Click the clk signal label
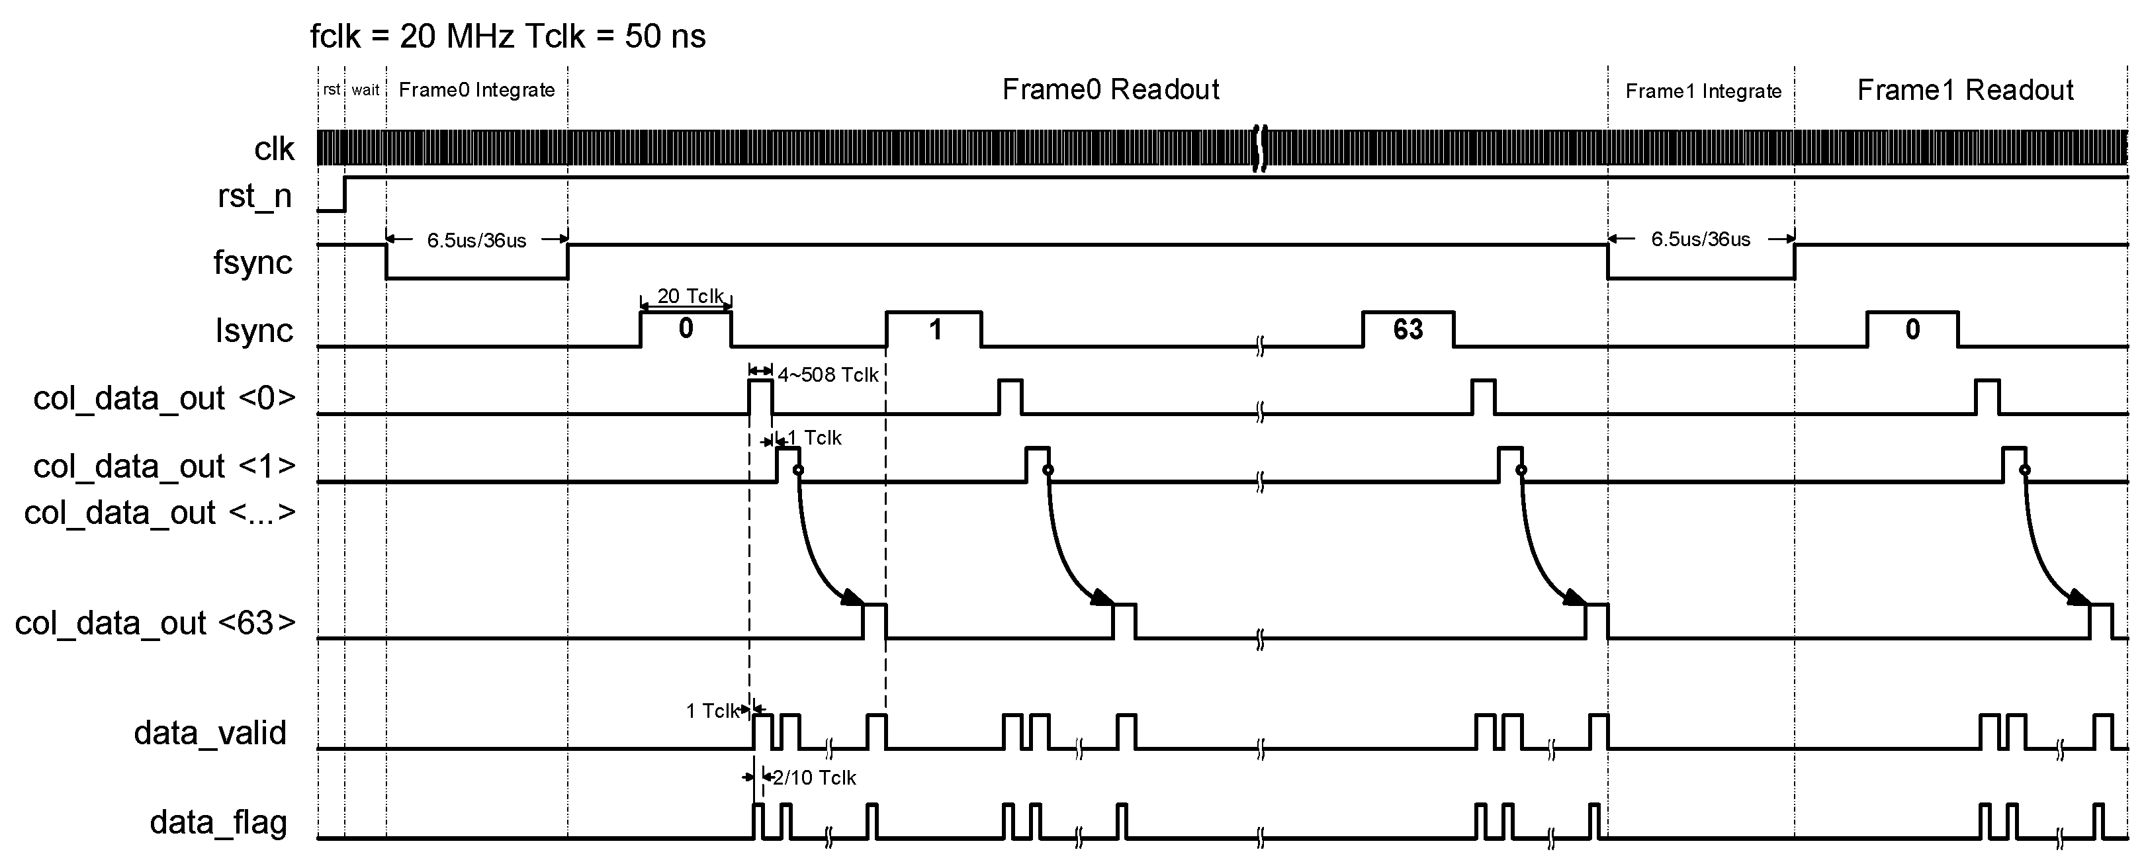(274, 149)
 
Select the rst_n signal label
(255, 196)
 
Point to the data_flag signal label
(218, 822)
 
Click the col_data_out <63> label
(155, 623)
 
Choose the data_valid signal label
(210, 733)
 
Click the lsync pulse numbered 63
(1408, 330)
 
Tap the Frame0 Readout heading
(1110, 89)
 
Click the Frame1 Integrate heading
(1703, 91)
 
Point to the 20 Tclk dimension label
(690, 296)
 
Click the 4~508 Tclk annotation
(827, 375)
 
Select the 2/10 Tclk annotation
(814, 777)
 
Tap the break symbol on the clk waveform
(1261, 148)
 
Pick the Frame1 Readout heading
(1965, 90)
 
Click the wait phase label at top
(365, 90)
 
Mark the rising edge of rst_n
(345, 194)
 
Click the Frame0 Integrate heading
(476, 90)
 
